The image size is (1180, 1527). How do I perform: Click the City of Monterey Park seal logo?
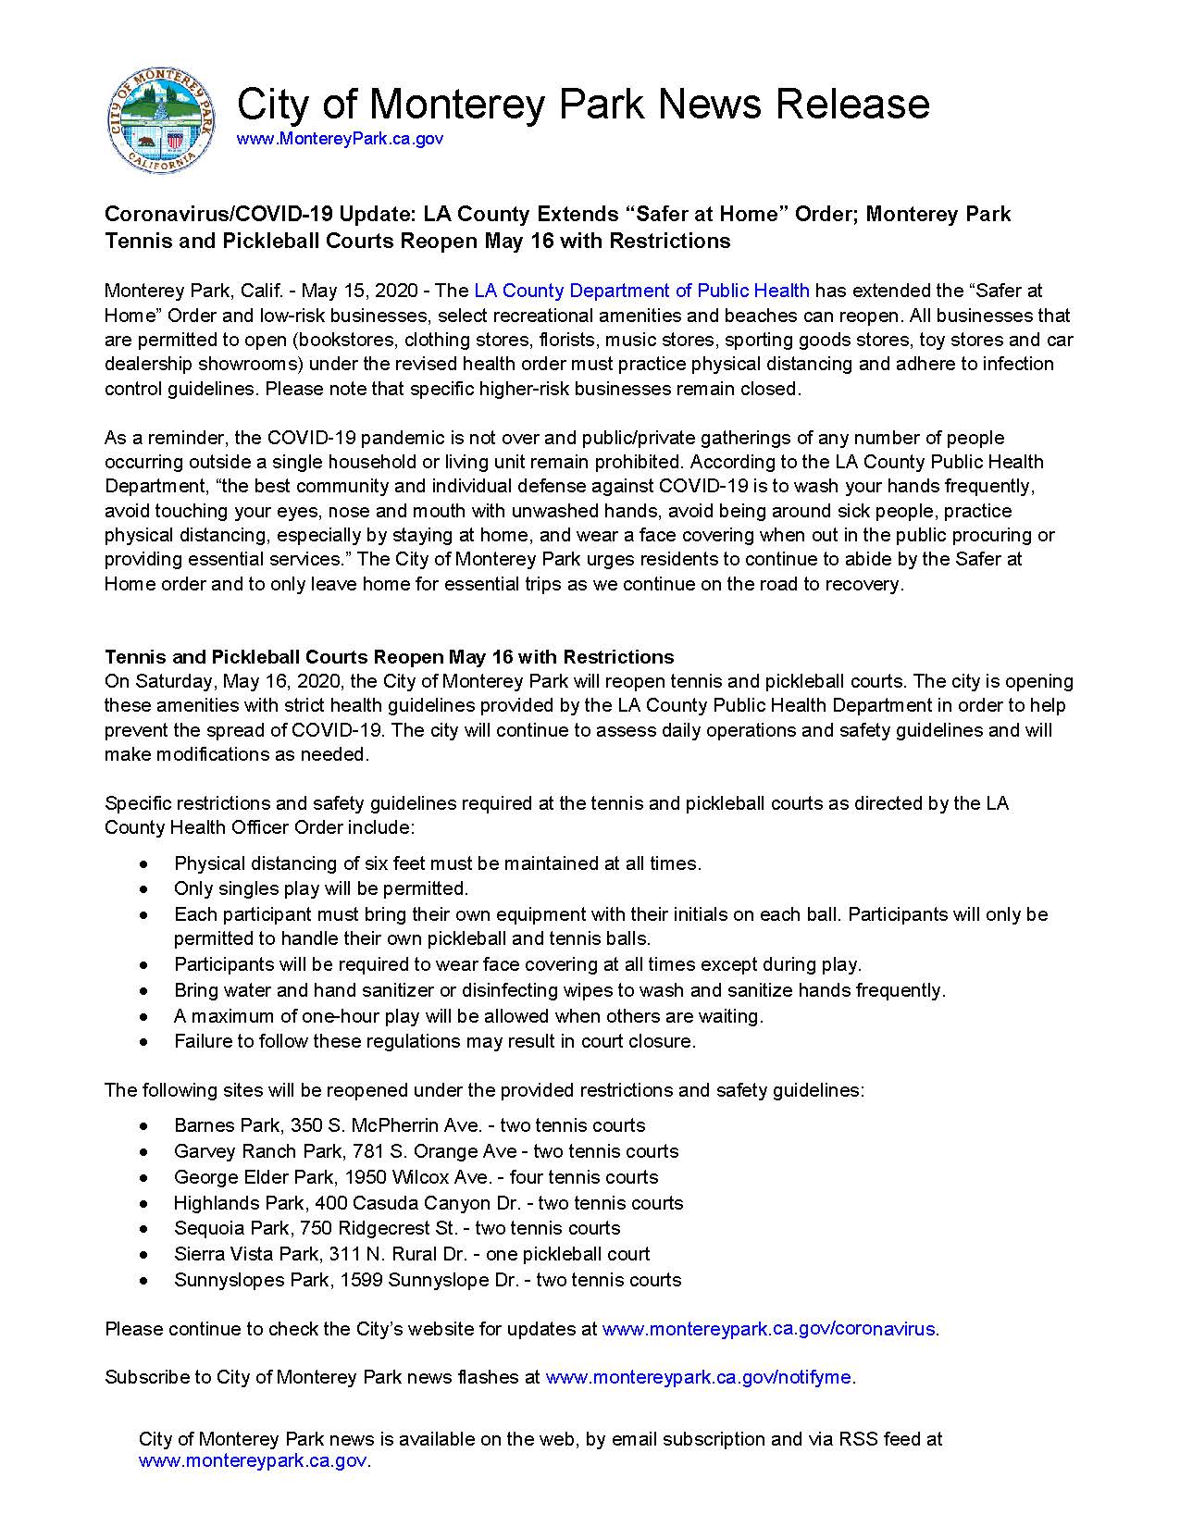pos(163,119)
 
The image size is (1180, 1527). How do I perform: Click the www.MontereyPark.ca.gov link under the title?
pos(340,139)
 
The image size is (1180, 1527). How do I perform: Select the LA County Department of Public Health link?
pos(641,291)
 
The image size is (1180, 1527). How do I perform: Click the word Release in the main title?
pos(852,104)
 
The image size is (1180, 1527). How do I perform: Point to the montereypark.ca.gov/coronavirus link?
pos(768,1329)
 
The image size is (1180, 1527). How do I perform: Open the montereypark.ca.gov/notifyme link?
pos(698,1377)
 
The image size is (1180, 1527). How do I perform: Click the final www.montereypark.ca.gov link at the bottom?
pos(253,1461)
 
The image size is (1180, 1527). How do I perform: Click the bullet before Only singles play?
pos(143,889)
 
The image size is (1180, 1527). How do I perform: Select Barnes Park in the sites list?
pos(228,1125)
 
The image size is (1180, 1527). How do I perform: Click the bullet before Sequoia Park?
pos(143,1229)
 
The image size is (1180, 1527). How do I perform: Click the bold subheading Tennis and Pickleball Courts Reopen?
pos(389,657)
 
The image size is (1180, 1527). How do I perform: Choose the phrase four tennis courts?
pos(584,1177)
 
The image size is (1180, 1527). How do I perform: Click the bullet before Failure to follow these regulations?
pos(143,1042)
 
